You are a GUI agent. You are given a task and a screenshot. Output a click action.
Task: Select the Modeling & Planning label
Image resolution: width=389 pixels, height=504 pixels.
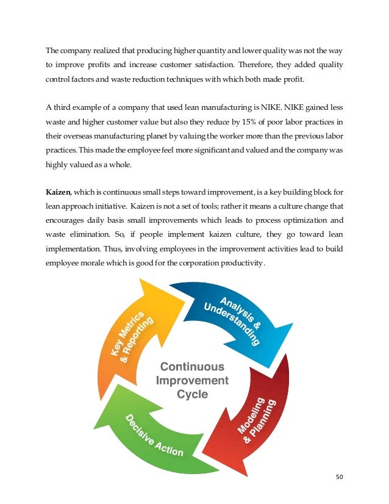coord(257,420)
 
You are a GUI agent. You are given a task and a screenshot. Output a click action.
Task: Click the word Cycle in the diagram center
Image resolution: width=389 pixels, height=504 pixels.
coord(192,395)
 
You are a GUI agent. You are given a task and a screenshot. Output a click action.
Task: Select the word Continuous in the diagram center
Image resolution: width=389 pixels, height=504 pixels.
coord(192,367)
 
